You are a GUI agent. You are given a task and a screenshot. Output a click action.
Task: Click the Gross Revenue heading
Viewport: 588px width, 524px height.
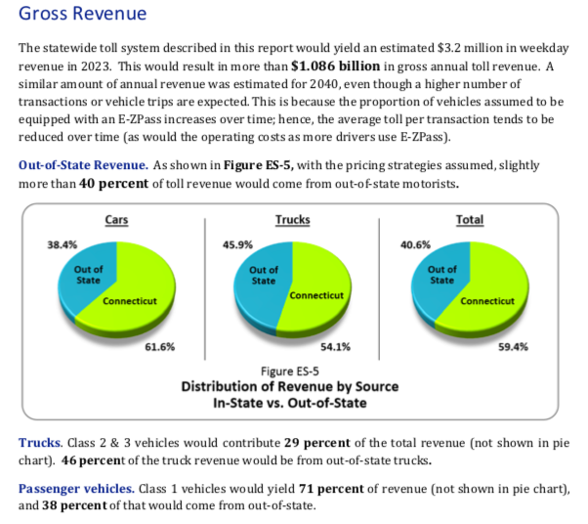pos(83,15)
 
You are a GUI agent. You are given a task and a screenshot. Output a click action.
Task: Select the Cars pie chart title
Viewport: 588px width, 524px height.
pos(116,221)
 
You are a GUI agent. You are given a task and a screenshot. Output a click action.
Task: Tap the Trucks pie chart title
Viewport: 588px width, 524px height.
pos(293,221)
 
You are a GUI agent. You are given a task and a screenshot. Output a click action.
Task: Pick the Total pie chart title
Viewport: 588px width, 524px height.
pos(470,221)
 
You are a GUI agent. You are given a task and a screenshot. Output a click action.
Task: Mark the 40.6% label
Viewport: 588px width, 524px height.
pos(416,244)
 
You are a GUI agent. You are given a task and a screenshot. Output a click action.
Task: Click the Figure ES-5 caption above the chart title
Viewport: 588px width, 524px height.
pos(291,371)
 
